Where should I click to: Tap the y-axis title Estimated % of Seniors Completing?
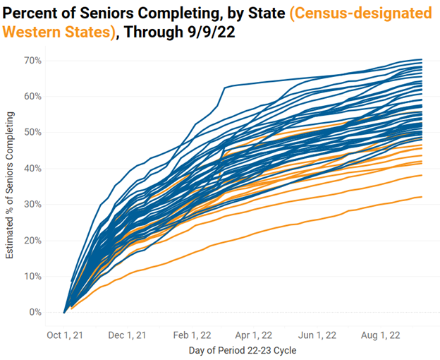11,188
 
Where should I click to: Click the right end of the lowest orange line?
422,197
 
